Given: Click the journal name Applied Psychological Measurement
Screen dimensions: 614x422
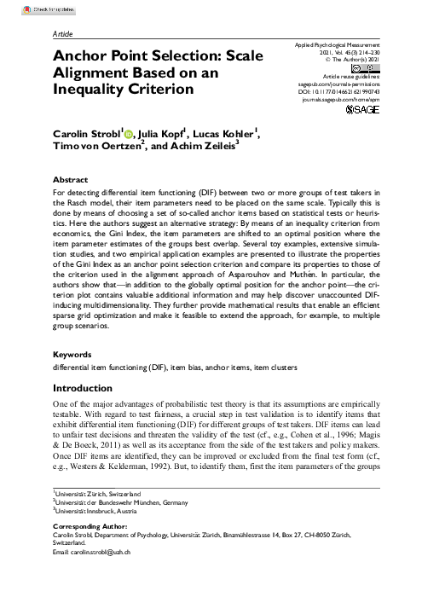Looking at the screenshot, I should click(339, 43).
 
